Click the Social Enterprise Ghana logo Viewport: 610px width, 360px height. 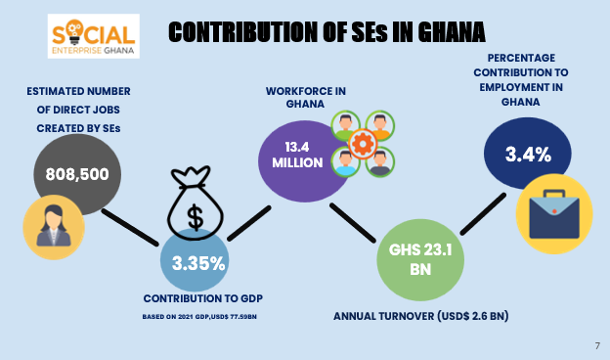[94, 36]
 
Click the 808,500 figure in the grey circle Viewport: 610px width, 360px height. [77, 174]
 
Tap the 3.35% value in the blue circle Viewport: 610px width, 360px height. [198, 263]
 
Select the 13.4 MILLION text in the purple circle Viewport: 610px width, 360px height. [297, 155]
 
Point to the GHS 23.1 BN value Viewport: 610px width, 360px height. [420, 259]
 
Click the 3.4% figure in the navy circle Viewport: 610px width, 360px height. [528, 155]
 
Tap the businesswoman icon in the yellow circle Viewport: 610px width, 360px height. [54, 226]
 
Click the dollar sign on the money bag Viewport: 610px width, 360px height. [195, 218]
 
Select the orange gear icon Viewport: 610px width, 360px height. [363, 144]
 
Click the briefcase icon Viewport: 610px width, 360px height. [554, 214]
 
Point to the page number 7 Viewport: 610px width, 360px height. [597, 345]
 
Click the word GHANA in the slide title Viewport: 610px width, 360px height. [452, 32]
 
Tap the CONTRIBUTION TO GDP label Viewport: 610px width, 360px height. [203, 298]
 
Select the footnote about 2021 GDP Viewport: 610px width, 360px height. [199, 317]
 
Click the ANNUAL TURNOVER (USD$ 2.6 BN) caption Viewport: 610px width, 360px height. [421, 316]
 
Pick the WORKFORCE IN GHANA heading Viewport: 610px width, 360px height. [305, 97]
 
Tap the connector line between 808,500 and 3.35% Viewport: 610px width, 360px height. [130, 228]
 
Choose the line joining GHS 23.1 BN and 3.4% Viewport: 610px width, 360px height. [483, 214]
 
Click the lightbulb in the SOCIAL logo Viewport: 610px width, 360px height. [73, 32]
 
